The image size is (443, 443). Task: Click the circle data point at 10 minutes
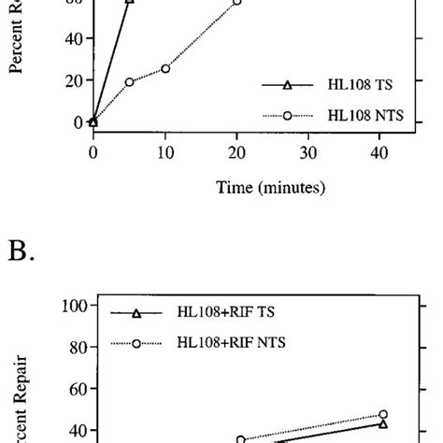click(164, 68)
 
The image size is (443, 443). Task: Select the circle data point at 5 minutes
click(129, 82)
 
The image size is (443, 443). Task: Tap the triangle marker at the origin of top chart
click(93, 121)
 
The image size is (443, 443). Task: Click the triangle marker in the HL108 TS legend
click(287, 85)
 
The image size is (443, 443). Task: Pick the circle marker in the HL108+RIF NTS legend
click(136, 343)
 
